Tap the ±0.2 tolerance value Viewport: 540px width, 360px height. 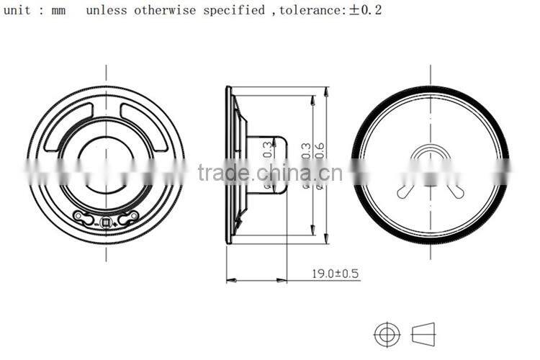(x=366, y=11)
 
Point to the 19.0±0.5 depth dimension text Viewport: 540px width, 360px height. (x=336, y=274)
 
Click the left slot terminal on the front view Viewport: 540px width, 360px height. (x=83, y=217)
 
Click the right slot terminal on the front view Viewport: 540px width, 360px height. (x=129, y=217)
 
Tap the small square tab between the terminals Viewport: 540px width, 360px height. (x=106, y=224)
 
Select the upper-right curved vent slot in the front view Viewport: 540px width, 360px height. (x=145, y=126)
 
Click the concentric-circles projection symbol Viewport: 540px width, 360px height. (x=387, y=333)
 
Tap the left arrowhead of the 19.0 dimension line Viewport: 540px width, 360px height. (x=230, y=279)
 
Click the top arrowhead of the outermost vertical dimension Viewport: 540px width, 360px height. (x=327, y=90)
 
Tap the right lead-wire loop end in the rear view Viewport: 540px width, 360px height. (x=459, y=192)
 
